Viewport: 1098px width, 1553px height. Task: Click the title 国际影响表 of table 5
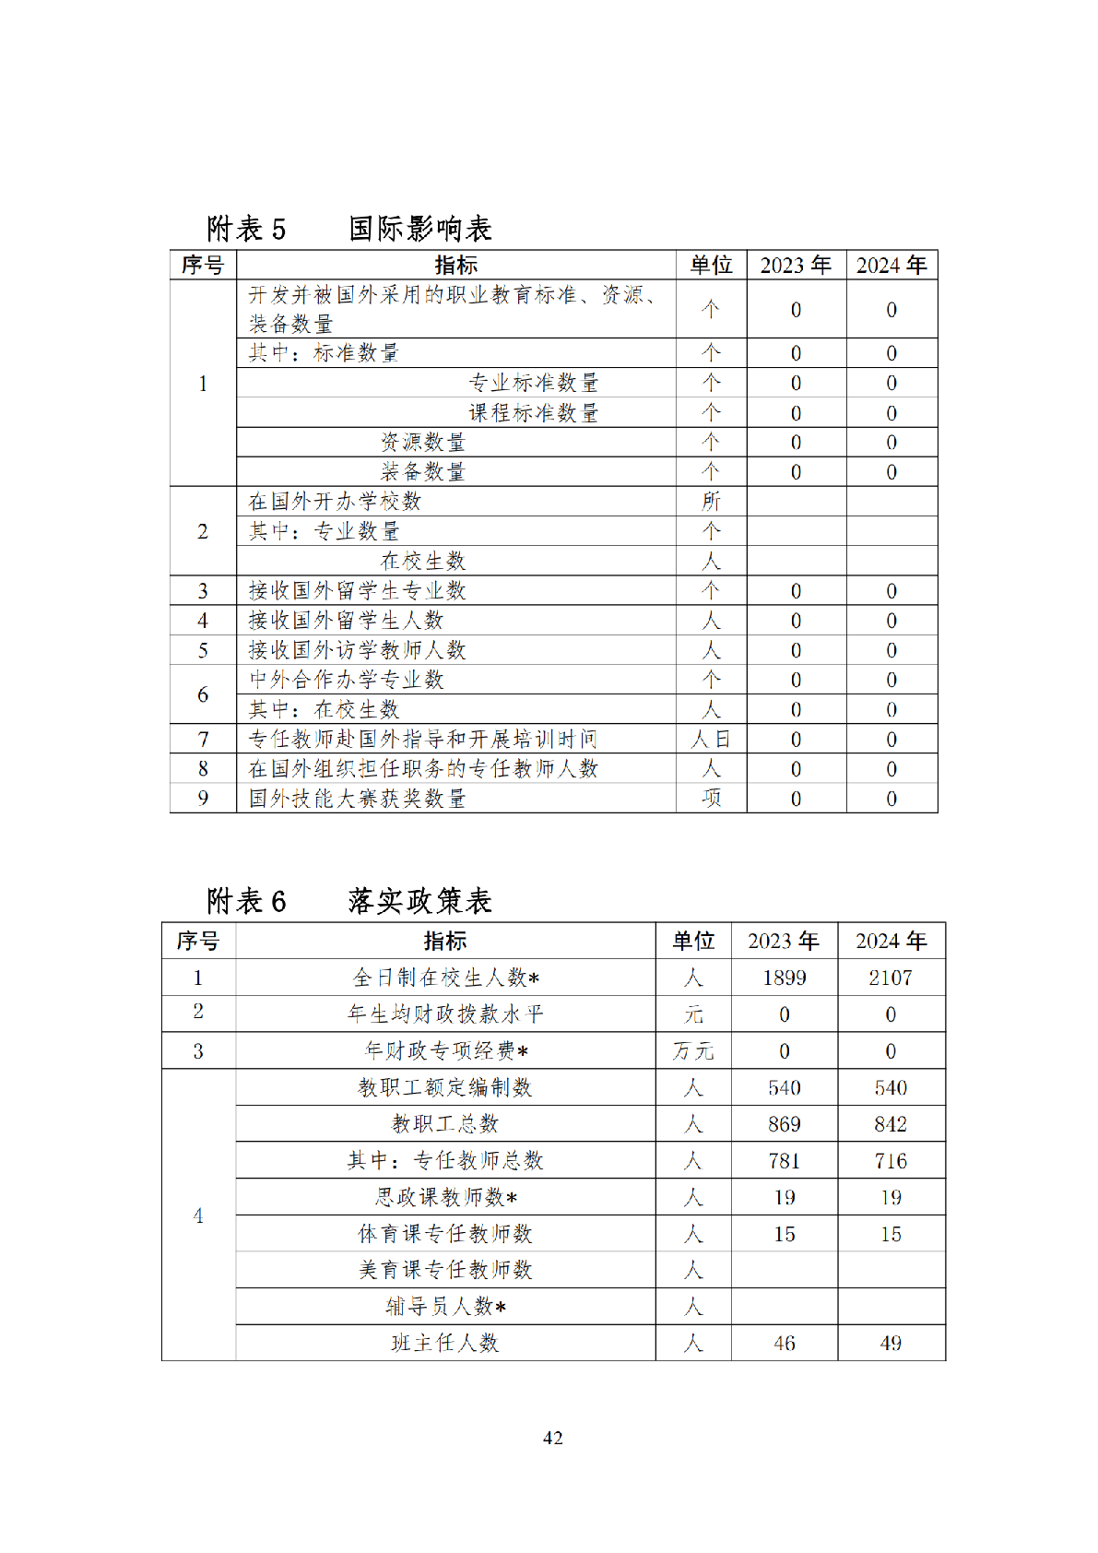click(420, 228)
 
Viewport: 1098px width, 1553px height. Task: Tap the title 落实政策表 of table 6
click(420, 900)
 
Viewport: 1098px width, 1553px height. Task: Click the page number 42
click(552, 1438)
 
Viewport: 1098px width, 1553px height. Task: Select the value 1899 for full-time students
click(784, 978)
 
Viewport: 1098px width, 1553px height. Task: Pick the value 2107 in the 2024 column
click(891, 978)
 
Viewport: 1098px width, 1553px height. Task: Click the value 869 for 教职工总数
click(784, 1124)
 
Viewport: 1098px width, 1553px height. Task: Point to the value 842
click(891, 1124)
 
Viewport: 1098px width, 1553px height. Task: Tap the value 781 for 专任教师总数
click(784, 1161)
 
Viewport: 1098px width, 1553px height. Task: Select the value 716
click(891, 1161)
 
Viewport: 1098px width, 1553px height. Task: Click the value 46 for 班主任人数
click(784, 1344)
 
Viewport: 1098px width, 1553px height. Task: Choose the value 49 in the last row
click(891, 1344)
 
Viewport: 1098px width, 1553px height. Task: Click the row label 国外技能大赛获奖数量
click(357, 799)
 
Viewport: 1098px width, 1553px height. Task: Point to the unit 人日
click(711, 740)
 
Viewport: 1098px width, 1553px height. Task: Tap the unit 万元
click(693, 1051)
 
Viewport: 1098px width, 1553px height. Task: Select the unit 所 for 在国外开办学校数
click(711, 502)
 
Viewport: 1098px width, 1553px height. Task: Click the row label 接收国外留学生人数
click(346, 621)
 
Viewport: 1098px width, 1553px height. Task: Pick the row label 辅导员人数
click(445, 1307)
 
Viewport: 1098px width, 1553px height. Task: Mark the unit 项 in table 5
click(711, 799)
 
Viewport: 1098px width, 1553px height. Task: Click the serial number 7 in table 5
click(203, 740)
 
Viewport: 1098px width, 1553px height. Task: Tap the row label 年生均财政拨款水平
click(445, 1014)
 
